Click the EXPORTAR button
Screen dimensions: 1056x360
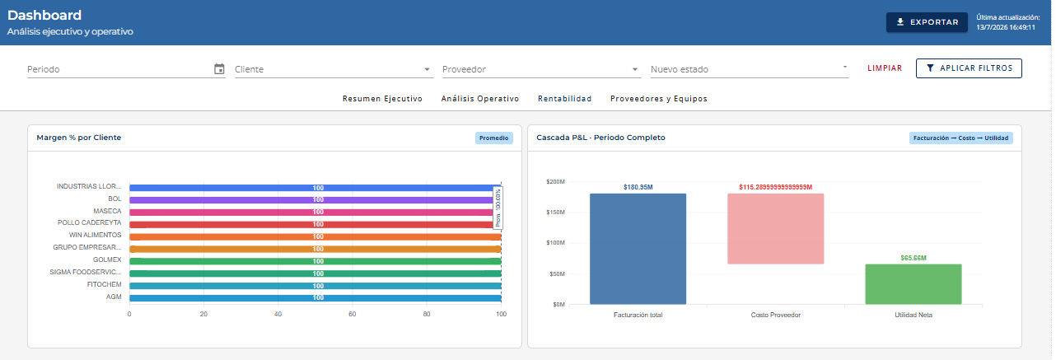927,22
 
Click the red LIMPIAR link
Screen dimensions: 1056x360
885,68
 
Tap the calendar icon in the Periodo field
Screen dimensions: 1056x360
219,69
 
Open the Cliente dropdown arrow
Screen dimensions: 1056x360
427,69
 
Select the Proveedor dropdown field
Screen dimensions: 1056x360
541,69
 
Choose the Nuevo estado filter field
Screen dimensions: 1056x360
750,69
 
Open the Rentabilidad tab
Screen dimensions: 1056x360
565,99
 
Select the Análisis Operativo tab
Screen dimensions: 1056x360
480,99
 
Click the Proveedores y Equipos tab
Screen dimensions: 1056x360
659,99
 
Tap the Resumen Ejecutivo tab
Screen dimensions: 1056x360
382,99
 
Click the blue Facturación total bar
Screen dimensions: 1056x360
638,249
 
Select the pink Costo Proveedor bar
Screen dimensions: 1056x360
775,228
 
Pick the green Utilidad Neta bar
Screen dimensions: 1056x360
913,284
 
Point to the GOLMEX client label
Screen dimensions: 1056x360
107,259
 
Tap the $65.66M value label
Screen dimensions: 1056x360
913,258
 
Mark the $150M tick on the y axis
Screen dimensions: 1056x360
555,212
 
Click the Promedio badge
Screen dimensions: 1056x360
493,138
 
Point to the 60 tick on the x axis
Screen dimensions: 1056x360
353,314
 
